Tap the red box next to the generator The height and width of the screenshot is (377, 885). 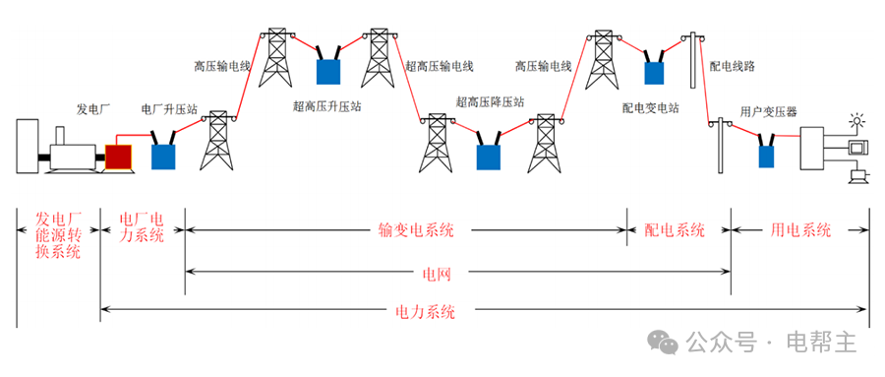click(118, 156)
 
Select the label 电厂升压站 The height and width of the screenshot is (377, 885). click(169, 108)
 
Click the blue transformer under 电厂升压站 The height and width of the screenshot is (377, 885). click(163, 155)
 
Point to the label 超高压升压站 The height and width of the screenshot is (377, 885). click(327, 104)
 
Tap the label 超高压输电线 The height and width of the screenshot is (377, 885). click(440, 67)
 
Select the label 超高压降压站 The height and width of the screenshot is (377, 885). click(489, 101)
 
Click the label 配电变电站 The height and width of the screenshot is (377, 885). click(650, 107)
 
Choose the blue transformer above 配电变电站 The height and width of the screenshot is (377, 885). click(653, 71)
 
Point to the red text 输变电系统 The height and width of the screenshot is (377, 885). click(416, 230)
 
